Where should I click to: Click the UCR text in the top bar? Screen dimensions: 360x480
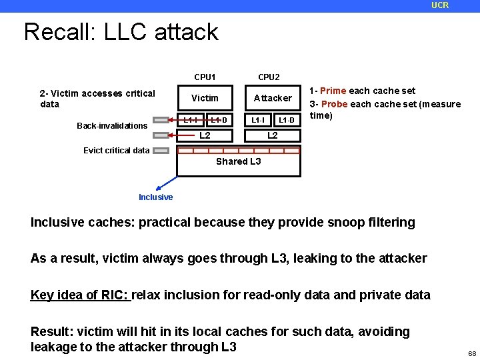click(440, 5)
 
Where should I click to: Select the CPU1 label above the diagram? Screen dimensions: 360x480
click(205, 77)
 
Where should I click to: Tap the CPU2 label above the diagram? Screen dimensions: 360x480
click(269, 77)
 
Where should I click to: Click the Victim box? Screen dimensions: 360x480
click(205, 98)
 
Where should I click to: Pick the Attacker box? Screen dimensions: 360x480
click(273, 98)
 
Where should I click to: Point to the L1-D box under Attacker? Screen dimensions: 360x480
click(287, 120)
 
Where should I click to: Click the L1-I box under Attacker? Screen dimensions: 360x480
click(258, 120)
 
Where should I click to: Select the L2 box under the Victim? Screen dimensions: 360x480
click(205, 135)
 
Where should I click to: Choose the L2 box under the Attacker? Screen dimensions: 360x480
click(273, 135)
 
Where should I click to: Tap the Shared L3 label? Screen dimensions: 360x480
click(238, 161)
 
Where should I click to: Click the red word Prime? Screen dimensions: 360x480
click(333, 91)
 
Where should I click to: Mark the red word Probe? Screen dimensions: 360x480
click(334, 104)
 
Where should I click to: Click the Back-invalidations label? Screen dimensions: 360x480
click(112, 126)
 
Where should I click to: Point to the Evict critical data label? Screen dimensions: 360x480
click(116, 150)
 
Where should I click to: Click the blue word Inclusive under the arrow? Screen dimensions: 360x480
click(155, 197)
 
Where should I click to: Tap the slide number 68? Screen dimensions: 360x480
click(471, 353)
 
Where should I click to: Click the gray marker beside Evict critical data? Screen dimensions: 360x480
click(161, 151)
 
